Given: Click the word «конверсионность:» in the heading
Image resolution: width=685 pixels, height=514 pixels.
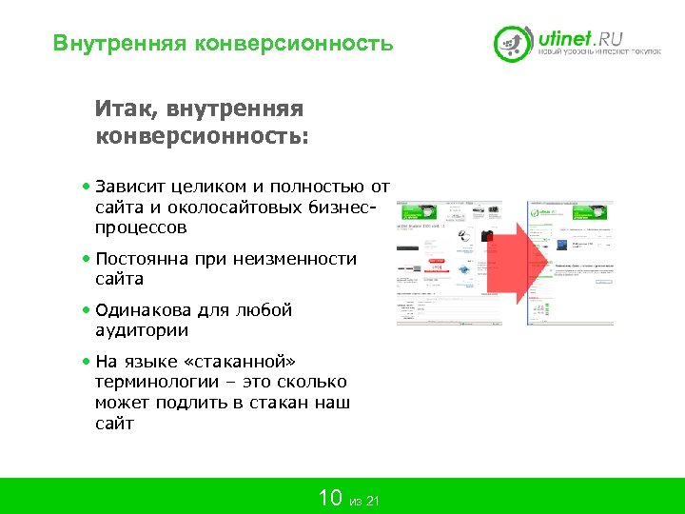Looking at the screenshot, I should point(202,135).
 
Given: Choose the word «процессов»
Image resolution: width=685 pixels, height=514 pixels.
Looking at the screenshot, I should point(141,228).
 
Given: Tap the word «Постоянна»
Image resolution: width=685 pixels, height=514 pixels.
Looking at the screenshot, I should point(142,259).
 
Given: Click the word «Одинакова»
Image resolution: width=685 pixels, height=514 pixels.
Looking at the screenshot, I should point(145,310).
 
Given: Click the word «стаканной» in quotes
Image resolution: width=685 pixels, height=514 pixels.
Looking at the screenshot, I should point(248,362).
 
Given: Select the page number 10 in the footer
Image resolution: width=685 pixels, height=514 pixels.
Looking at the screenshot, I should point(329,498).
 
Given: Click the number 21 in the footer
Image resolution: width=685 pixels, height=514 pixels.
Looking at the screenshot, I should point(372,502).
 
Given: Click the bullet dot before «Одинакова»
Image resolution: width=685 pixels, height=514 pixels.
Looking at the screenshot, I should point(87,310).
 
